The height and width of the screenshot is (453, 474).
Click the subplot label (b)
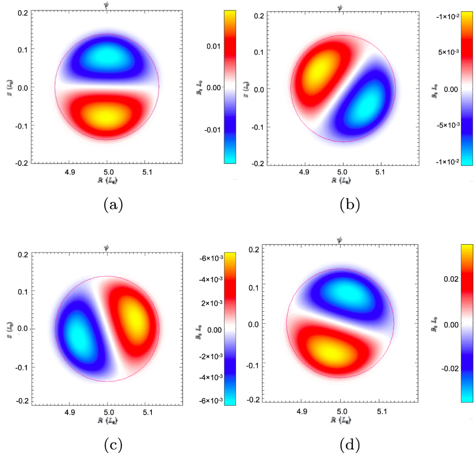click(349, 204)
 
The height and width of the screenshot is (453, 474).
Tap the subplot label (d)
click(349, 445)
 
